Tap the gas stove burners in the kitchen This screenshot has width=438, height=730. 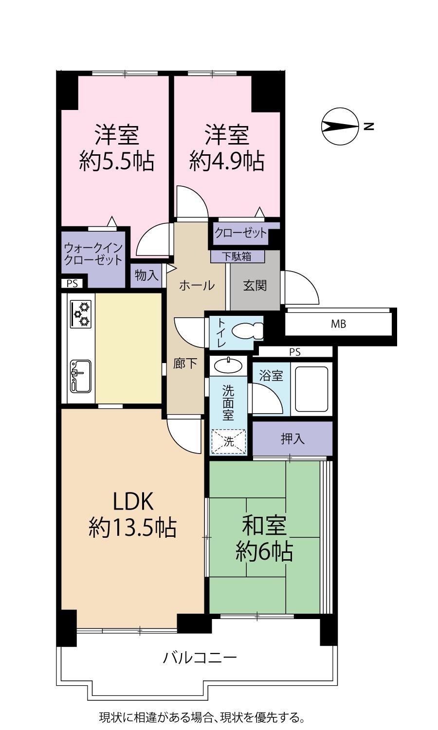point(81,314)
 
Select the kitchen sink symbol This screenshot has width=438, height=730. point(80,376)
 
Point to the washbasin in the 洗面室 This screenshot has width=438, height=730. point(228,365)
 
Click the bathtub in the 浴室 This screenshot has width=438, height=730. point(311,389)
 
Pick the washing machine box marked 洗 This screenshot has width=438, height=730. point(228,441)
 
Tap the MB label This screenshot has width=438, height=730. point(339,324)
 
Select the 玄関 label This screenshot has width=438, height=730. point(255,286)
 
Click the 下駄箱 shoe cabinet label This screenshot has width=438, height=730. point(237,256)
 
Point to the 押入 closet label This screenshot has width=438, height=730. point(292,438)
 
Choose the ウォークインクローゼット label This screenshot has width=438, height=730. point(93,254)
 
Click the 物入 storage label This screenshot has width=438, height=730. point(146,275)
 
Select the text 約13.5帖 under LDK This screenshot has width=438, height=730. point(133,528)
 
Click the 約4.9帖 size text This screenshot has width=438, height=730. point(227,161)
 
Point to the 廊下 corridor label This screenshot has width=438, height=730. point(185,364)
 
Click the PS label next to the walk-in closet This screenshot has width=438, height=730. point(73,284)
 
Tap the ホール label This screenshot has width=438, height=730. point(197,286)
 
